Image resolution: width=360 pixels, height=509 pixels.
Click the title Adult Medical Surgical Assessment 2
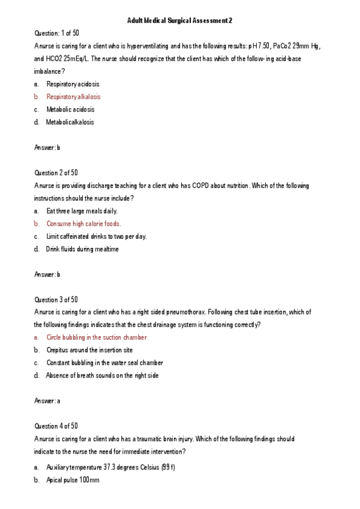[179, 20]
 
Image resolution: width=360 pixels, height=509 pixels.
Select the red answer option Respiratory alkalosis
[73, 97]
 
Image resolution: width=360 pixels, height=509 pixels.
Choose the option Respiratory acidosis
[73, 84]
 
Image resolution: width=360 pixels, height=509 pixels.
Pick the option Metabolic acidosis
[70, 109]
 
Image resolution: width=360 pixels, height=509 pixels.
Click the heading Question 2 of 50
[56, 173]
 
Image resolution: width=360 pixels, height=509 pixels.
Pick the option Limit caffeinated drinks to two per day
[96, 236]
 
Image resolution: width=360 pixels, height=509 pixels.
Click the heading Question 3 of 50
[56, 299]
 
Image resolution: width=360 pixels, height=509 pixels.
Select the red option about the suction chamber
[96, 337]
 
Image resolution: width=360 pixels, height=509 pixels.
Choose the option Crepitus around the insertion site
[89, 350]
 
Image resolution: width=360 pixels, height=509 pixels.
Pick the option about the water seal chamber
[104, 363]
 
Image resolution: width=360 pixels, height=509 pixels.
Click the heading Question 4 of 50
[56, 426]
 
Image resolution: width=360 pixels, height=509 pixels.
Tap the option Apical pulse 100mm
[73, 480]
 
